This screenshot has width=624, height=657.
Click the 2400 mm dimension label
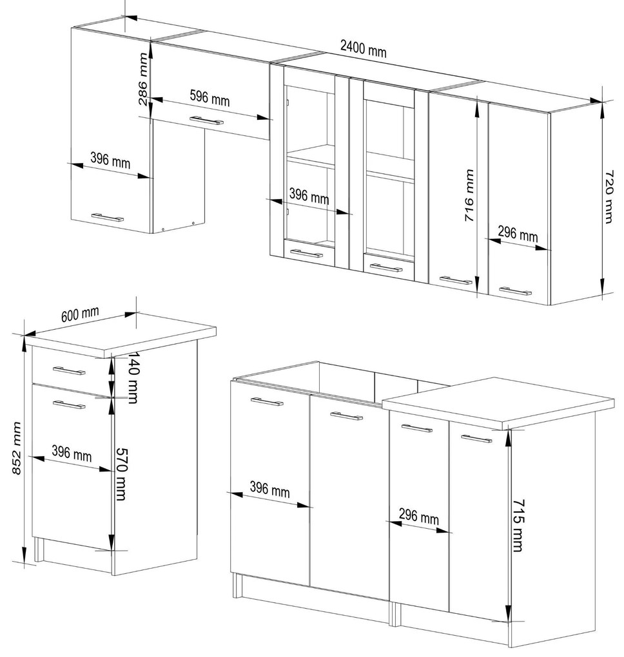click(363, 48)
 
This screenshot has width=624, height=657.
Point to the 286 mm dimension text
click(143, 79)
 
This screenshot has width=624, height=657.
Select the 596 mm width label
click(210, 98)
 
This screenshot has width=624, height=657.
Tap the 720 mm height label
click(609, 196)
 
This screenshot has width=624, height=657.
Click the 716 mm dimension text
click(469, 195)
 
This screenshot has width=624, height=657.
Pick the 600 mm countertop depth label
click(80, 314)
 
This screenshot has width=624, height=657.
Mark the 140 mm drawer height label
click(133, 377)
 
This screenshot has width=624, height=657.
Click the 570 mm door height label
click(121, 474)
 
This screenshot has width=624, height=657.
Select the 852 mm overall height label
click(16, 448)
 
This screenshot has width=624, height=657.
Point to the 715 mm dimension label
click(518, 525)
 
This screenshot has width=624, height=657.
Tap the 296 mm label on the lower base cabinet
click(418, 516)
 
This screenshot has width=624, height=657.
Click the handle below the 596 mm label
click(206, 120)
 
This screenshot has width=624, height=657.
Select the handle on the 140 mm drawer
click(69, 370)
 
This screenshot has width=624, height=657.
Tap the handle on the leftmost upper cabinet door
click(108, 217)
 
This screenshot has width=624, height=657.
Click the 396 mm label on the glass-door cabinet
click(309, 196)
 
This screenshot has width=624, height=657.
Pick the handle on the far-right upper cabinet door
click(516, 290)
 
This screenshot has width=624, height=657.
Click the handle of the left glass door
click(307, 254)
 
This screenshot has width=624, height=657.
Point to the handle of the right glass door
click(385, 268)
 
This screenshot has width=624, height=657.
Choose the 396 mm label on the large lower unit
click(269, 489)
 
